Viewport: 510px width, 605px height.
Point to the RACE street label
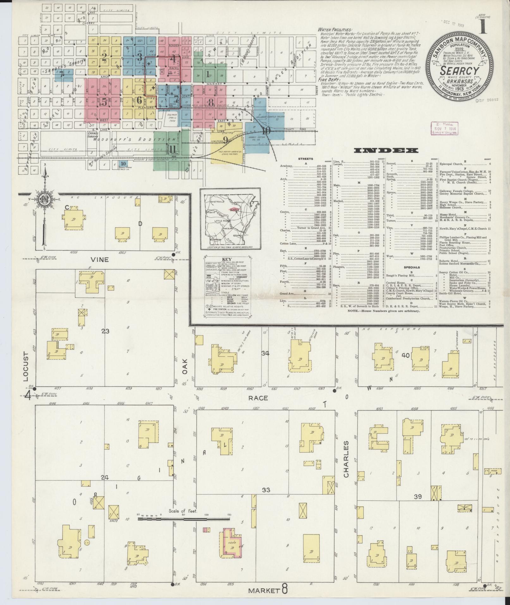click(258, 398)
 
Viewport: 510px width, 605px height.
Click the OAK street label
click(185, 366)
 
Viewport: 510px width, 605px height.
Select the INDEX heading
click(386, 151)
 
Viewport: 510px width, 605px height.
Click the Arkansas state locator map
click(230, 219)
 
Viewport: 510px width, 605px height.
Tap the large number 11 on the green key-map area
click(172, 148)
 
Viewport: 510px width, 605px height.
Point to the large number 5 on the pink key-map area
click(104, 101)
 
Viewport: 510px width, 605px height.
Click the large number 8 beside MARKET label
click(285, 590)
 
